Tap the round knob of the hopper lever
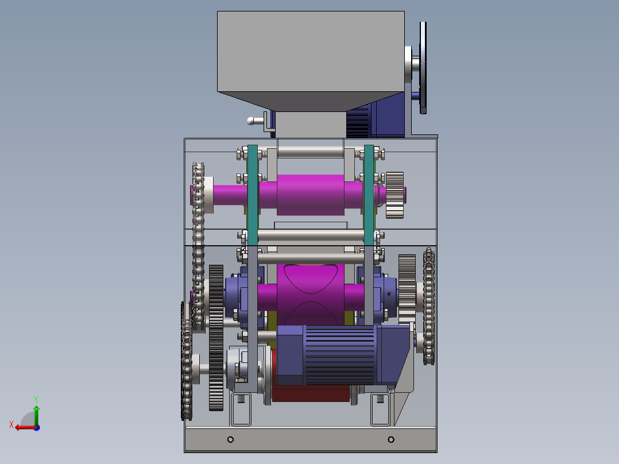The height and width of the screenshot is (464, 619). pyautogui.click(x=250, y=121)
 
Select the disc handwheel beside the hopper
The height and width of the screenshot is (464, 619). pyautogui.click(x=423, y=68)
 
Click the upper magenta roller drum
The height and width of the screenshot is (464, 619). pyautogui.click(x=310, y=195)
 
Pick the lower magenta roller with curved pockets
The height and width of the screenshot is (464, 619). pyautogui.click(x=310, y=295)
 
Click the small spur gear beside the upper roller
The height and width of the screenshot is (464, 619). pyautogui.click(x=394, y=195)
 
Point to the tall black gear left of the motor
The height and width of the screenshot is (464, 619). pyautogui.click(x=216, y=338)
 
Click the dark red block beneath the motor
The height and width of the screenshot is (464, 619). pyautogui.click(x=311, y=393)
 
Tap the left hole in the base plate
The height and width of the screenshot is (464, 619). pyautogui.click(x=231, y=439)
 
